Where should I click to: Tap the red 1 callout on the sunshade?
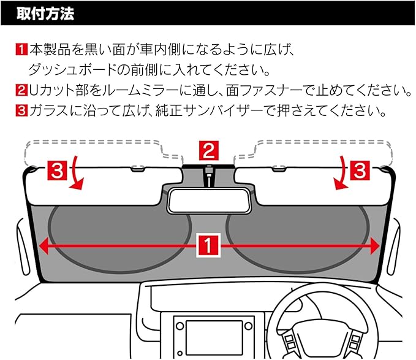coord(208,246)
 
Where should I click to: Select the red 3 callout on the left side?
coord(55,172)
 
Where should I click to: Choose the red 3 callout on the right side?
coord(360,172)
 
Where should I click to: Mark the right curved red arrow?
coord(338,174)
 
